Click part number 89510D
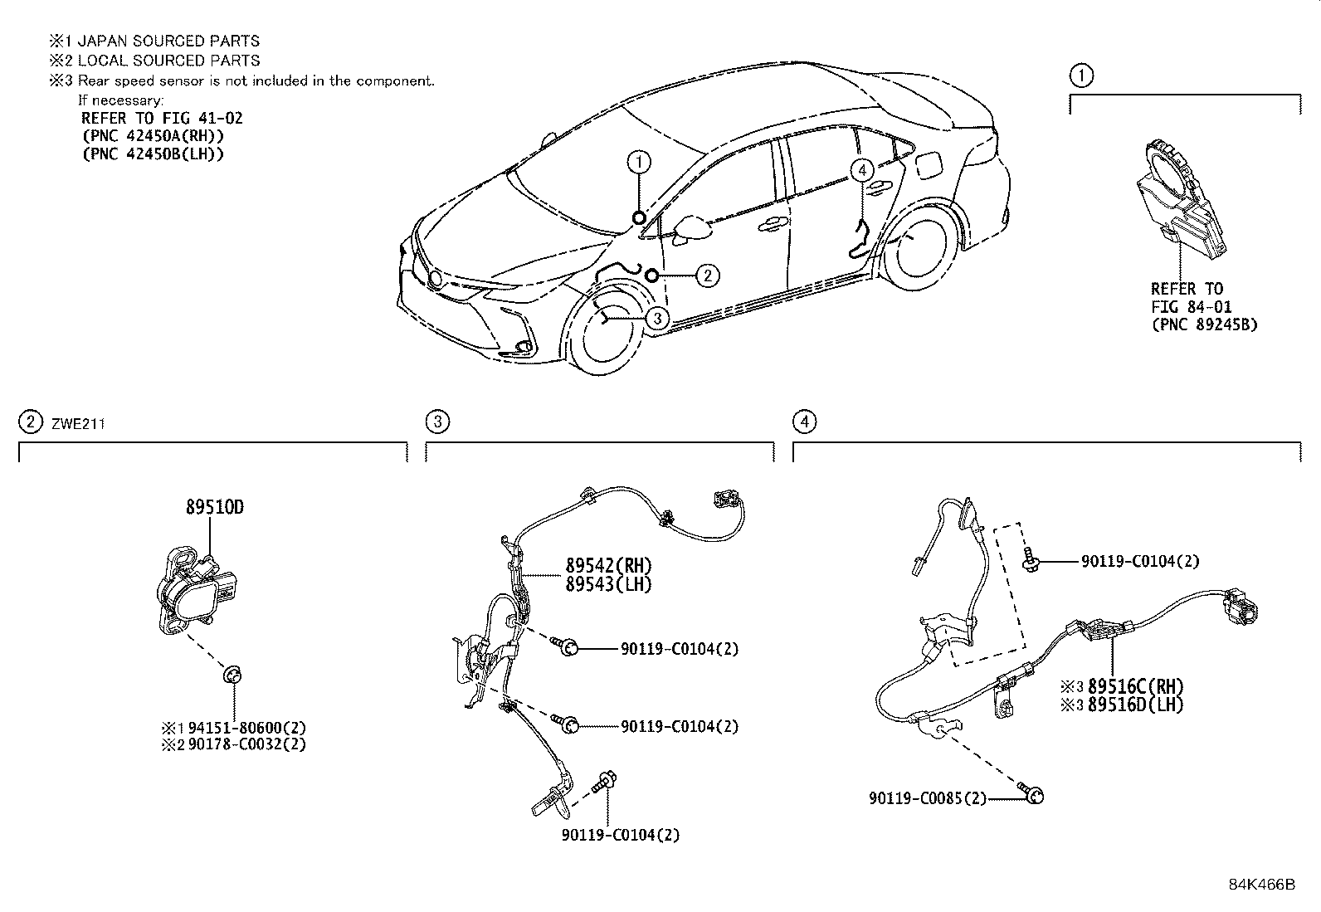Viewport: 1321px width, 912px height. [x=214, y=507]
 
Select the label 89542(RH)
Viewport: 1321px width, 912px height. [x=608, y=566]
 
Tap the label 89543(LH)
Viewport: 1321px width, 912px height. [x=608, y=584]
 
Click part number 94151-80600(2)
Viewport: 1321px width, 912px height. [x=246, y=727]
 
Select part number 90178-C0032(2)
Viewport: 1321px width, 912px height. [x=246, y=744]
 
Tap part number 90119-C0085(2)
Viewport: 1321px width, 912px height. [x=928, y=798]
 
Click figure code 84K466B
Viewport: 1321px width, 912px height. [x=1261, y=885]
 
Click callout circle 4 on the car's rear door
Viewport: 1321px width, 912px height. [x=862, y=170]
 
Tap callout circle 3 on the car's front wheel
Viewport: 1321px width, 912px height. [x=656, y=318]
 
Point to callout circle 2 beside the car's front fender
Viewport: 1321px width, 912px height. [x=706, y=275]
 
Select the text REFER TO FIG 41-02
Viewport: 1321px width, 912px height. [x=162, y=118]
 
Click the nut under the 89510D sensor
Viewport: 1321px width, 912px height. [x=233, y=675]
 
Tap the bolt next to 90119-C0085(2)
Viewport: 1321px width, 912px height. [x=1034, y=796]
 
